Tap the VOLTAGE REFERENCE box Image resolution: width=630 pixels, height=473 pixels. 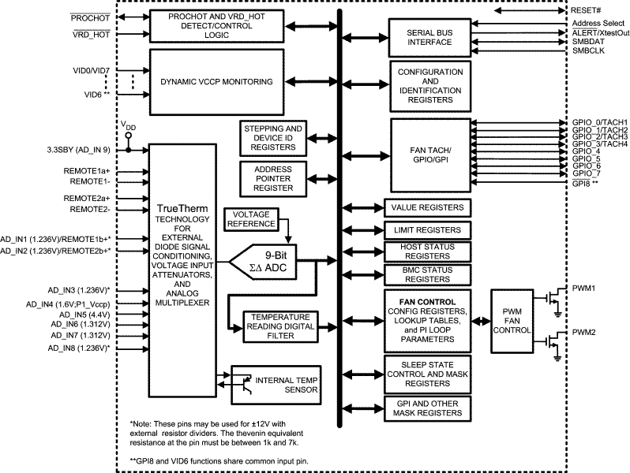[250, 219]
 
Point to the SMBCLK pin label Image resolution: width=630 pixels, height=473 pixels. [589, 51]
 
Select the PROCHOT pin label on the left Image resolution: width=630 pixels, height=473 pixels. [89, 17]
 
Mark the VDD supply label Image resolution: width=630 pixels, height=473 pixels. [127, 126]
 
